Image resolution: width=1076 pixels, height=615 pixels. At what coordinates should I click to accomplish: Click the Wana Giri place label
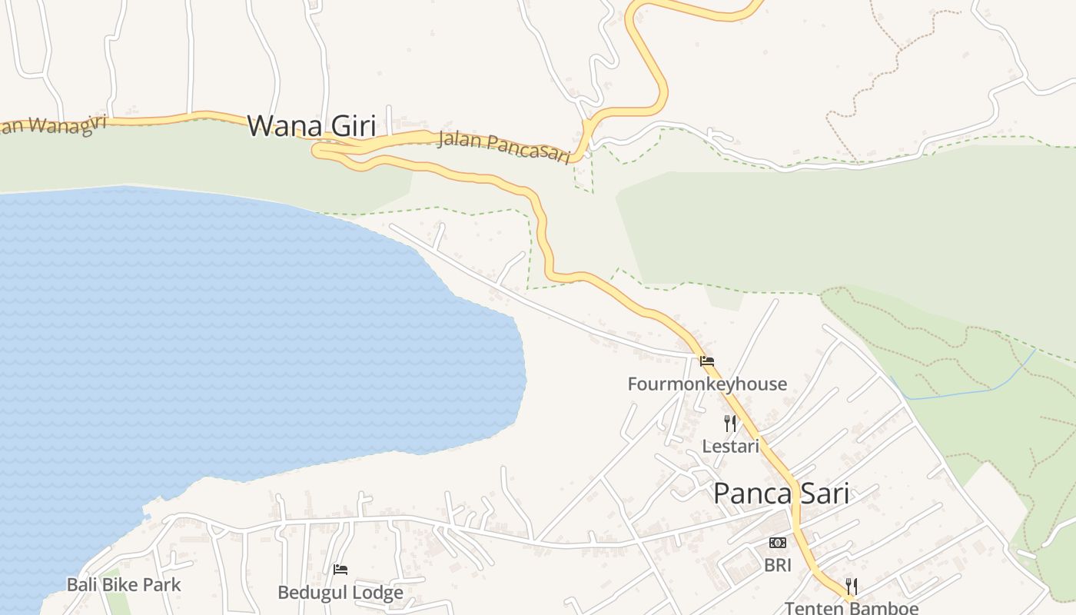(311, 125)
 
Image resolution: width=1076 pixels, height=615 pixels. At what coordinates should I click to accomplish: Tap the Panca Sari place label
(781, 494)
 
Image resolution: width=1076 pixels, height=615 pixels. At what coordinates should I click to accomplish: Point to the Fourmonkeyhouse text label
(707, 384)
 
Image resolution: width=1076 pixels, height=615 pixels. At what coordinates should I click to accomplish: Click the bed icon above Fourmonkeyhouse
(707, 360)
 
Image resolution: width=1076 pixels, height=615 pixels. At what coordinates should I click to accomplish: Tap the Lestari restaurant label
(730, 446)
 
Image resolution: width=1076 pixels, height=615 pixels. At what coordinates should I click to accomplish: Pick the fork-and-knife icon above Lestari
(730, 423)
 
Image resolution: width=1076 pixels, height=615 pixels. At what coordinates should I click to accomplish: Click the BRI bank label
(777, 565)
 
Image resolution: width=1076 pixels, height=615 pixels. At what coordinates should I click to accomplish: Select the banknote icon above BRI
(777, 543)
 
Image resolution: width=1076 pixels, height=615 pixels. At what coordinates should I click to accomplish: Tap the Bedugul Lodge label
(340, 593)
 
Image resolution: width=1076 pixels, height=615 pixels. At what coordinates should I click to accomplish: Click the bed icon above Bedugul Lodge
(340, 570)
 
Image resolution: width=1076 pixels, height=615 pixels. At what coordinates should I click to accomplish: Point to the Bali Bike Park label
(124, 584)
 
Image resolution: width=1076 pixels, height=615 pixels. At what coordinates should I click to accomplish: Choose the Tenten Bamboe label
(851, 608)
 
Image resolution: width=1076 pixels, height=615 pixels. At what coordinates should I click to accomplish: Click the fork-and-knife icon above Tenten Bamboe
(851, 586)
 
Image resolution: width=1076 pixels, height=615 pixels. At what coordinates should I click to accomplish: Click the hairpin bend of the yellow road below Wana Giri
(316, 151)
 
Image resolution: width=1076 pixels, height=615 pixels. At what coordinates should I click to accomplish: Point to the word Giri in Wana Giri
(350, 125)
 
